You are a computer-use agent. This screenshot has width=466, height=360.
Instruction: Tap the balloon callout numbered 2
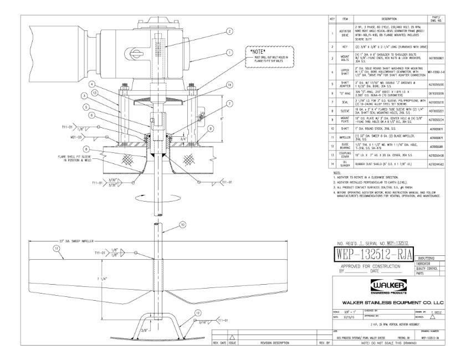tap(229, 32)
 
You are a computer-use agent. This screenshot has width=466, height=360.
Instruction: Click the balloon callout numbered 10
tap(182, 225)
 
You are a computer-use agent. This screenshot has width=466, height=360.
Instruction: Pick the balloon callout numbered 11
tap(55, 249)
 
